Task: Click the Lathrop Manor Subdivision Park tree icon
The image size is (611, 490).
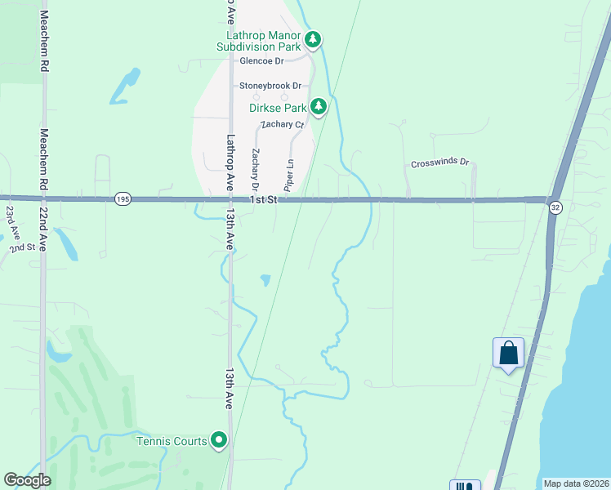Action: click(x=312, y=39)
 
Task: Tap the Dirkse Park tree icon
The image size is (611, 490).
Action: click(x=319, y=107)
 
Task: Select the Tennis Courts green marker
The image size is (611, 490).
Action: click(x=219, y=441)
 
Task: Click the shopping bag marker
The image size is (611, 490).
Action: click(x=508, y=354)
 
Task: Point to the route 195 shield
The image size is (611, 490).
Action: click(x=123, y=198)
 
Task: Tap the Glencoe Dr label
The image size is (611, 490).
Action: click(x=261, y=61)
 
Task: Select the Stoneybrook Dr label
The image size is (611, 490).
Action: click(x=270, y=86)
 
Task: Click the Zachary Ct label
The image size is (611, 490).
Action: click(x=282, y=124)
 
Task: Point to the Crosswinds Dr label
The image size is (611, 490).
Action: click(x=440, y=163)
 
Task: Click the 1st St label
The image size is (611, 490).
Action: click(x=265, y=199)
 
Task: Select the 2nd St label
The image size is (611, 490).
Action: click(x=25, y=247)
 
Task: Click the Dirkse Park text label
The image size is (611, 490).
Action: click(x=278, y=108)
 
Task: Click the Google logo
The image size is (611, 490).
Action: click(x=28, y=480)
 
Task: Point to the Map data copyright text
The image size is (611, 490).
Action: click(x=575, y=483)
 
